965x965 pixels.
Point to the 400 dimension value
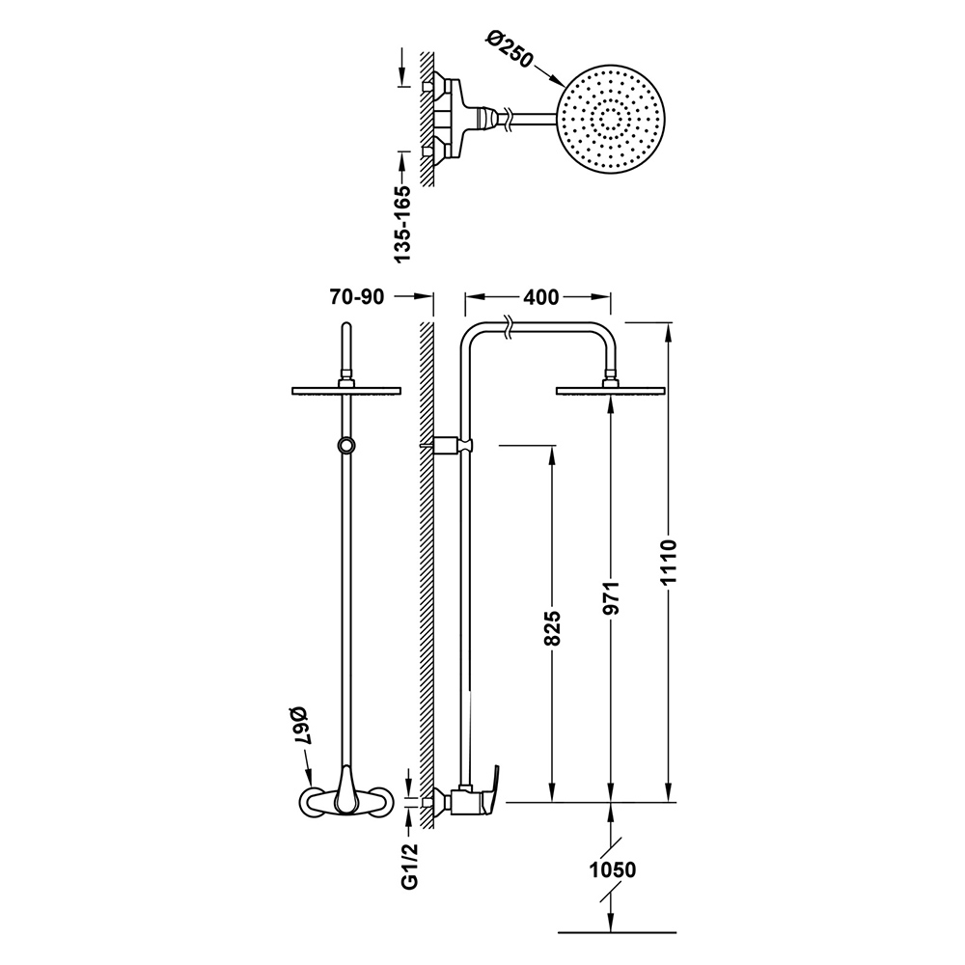click(541, 297)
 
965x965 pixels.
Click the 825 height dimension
click(553, 628)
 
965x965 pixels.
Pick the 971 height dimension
click(612, 597)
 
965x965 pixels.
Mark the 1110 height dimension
click(670, 562)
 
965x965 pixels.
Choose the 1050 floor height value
click(613, 870)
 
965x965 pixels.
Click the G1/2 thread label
click(410, 866)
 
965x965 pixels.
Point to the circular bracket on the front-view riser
click(346, 446)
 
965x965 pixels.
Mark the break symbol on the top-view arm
click(508, 118)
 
